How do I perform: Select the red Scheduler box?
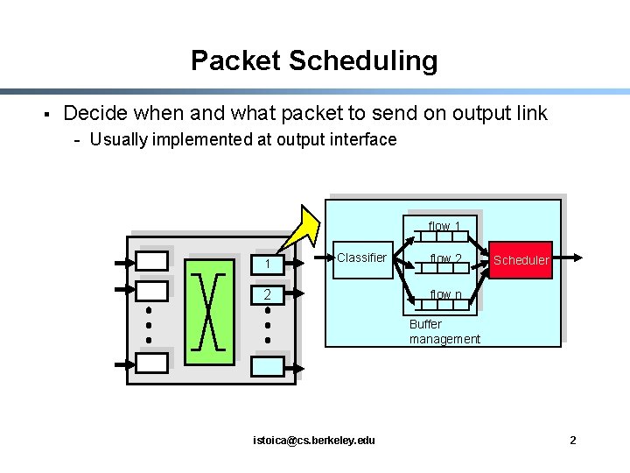pyautogui.click(x=521, y=259)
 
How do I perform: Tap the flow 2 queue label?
pyautogui.click(x=446, y=258)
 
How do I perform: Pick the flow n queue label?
pyautogui.click(x=446, y=294)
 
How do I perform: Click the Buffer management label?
pyautogui.click(x=444, y=332)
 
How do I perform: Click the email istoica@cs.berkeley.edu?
pyautogui.click(x=313, y=440)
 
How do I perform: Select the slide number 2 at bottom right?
pyautogui.click(x=572, y=440)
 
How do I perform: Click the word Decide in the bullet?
pyautogui.click(x=91, y=113)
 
